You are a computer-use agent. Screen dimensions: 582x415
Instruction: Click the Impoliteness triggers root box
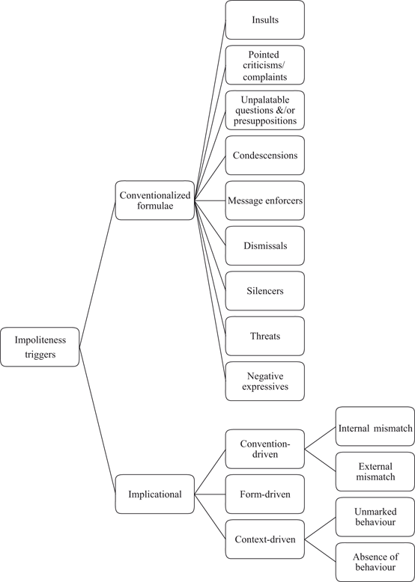tap(40, 346)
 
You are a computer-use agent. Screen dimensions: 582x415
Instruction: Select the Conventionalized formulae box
tap(154, 200)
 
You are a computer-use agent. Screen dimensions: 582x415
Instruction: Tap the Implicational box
tap(154, 494)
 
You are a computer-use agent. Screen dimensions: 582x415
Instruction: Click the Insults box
tap(264, 19)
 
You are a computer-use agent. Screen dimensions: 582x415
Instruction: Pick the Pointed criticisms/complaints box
tap(264, 65)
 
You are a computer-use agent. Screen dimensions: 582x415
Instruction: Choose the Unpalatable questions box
tap(264, 110)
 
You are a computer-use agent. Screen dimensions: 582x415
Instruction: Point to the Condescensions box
tap(264, 156)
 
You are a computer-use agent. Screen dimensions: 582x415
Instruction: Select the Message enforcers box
tap(264, 200)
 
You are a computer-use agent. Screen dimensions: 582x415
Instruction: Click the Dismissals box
tap(264, 245)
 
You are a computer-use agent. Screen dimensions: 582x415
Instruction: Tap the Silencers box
tap(264, 291)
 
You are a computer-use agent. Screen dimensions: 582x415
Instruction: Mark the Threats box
tap(264, 336)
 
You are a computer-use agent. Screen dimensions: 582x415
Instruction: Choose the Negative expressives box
tap(264, 381)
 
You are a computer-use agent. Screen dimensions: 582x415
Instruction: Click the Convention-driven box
tap(264, 449)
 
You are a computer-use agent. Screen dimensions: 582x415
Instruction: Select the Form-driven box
tap(264, 494)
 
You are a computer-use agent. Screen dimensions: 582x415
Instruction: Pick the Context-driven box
tap(264, 539)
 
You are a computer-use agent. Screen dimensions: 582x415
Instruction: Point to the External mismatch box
tap(375, 471)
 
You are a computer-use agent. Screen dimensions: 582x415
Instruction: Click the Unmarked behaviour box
tap(375, 516)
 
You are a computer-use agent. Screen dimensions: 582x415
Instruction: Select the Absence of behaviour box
tap(375, 562)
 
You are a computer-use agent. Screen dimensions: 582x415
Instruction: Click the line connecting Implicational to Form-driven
tap(210, 494)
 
